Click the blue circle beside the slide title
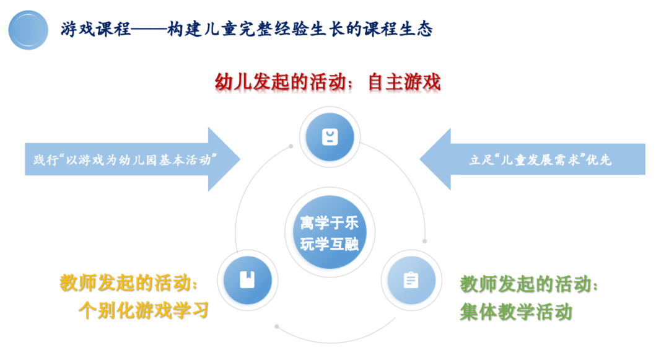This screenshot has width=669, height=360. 28,30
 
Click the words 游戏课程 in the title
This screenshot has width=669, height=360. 95,29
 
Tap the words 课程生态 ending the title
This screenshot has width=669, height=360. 398,29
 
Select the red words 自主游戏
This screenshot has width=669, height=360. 404,82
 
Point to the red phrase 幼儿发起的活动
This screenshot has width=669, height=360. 281,82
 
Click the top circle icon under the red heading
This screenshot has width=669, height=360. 330,137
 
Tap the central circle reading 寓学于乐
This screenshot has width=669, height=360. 330,232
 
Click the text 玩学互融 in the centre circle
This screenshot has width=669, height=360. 330,244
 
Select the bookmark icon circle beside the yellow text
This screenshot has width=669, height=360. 247,280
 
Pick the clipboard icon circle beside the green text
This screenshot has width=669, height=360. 411,280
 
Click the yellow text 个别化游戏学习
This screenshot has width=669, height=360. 144,310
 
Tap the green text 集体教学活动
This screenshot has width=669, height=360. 516,312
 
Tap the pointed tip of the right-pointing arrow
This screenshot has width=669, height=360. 240,159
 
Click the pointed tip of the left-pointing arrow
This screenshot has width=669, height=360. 420,159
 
